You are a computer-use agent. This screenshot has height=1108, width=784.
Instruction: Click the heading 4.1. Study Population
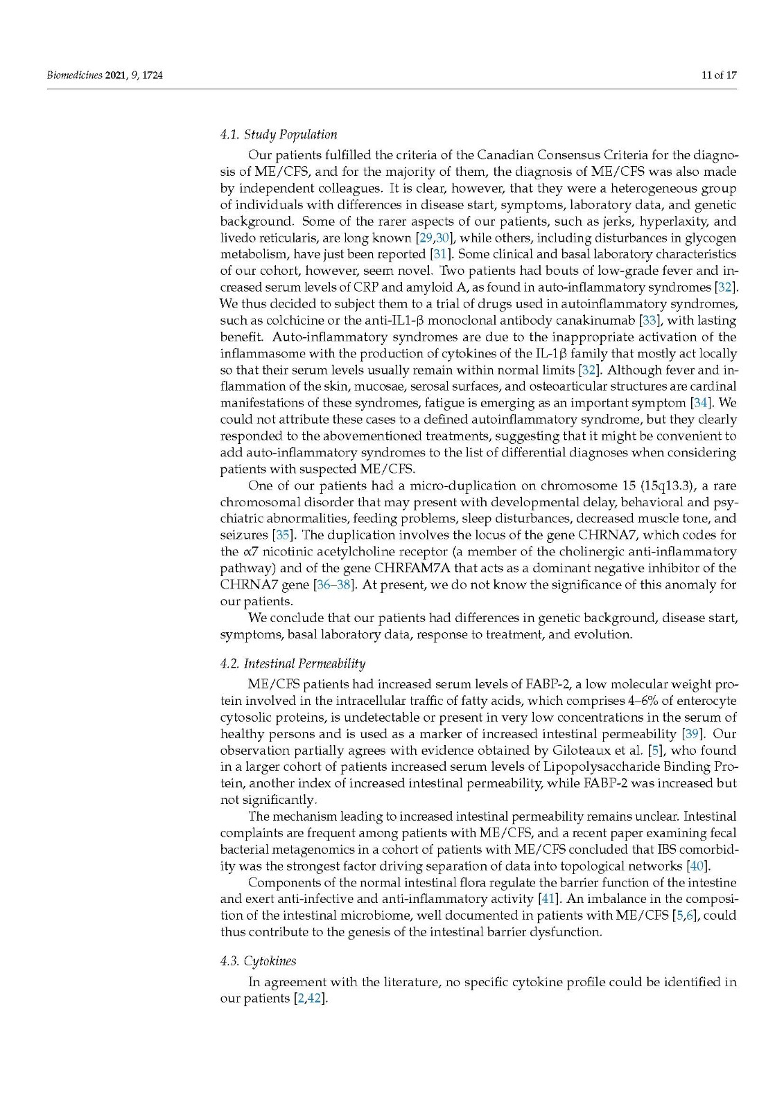pos(279,134)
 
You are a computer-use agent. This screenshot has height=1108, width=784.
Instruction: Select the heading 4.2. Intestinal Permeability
pos(293,663)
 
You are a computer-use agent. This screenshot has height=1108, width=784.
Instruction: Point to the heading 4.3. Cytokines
pos(258,960)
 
